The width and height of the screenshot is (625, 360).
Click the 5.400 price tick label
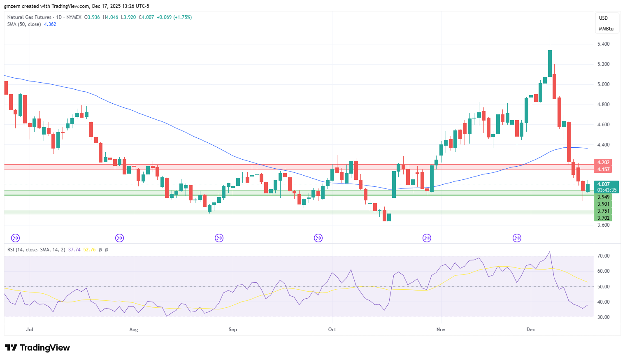[x=603, y=44]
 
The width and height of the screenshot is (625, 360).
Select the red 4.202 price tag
[x=603, y=163]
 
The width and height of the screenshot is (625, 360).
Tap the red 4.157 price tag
[x=603, y=170]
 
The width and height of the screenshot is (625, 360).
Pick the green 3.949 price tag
[x=603, y=197]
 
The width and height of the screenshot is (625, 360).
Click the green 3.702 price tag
[x=603, y=218]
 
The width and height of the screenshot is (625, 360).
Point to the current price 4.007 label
[x=603, y=184]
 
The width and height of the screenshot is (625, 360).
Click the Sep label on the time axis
[x=233, y=330]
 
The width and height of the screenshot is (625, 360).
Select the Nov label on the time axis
[x=441, y=330]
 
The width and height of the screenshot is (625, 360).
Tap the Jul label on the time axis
[x=30, y=330]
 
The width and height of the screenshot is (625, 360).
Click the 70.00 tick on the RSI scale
[x=603, y=256]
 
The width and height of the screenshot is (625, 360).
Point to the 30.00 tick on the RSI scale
[x=603, y=317]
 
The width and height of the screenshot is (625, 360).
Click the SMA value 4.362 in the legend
[x=50, y=24]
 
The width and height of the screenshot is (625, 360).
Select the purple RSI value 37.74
[x=74, y=250]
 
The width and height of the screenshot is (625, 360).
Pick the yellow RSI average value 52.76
[x=89, y=250]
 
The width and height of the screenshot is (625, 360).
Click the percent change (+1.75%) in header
[x=182, y=17]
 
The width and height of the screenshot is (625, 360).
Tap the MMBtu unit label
[x=606, y=29]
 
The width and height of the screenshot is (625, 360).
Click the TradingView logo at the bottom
[x=37, y=348]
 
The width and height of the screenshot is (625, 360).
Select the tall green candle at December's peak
[x=550, y=63]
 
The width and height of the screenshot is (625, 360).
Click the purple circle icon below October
[x=318, y=238]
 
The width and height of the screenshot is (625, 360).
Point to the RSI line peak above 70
[x=550, y=252]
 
